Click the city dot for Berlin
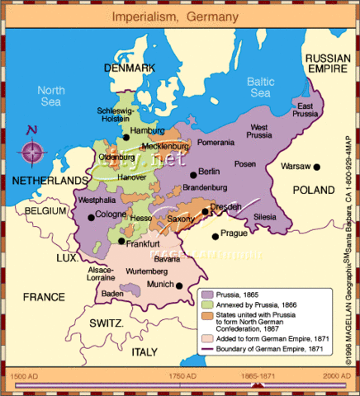coord(193,174)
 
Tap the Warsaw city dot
coord(316,167)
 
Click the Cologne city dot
coord(91,217)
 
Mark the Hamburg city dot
coord(125,138)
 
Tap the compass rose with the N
coord(34,150)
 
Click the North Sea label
coord(50,97)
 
